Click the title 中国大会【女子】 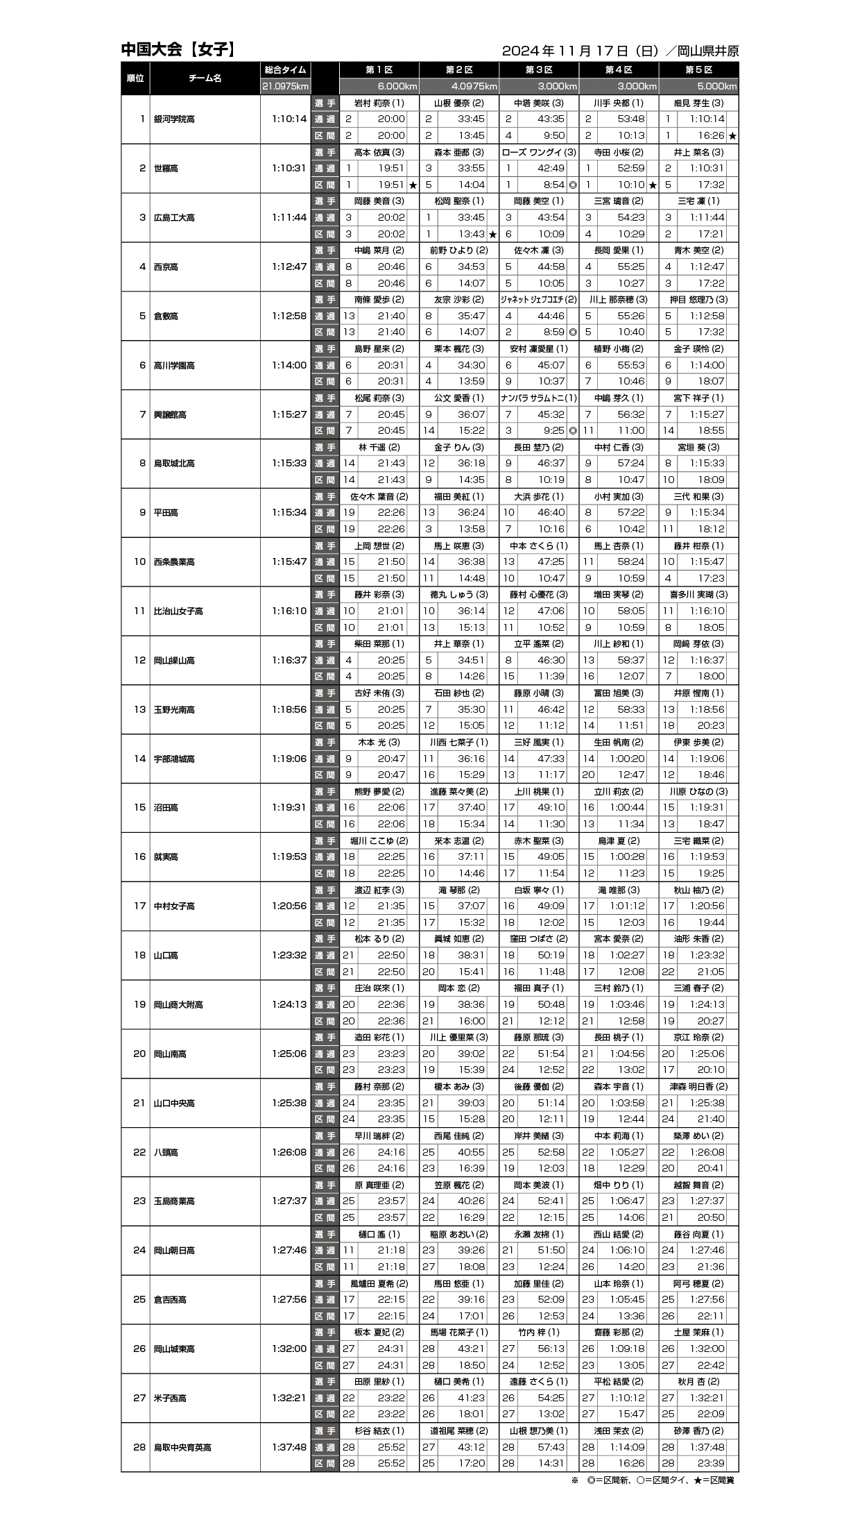click(x=178, y=49)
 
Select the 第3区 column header click(x=539, y=70)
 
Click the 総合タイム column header click(x=285, y=70)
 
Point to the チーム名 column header click(x=205, y=78)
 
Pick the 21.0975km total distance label click(x=285, y=87)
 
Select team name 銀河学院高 click(x=174, y=119)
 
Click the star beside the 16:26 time click(x=732, y=136)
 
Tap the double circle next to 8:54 click(x=573, y=185)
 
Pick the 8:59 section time click(x=553, y=332)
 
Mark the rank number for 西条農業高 click(x=140, y=562)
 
